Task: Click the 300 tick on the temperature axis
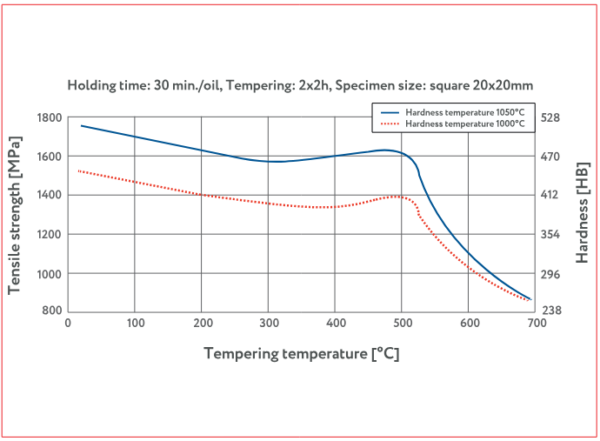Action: click(x=268, y=323)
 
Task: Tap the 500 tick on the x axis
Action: click(x=402, y=323)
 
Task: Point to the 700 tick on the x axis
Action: click(x=536, y=323)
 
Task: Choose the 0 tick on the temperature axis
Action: click(x=68, y=323)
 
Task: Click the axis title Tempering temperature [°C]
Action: click(x=302, y=353)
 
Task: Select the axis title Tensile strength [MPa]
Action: click(x=16, y=214)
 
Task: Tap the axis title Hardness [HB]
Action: click(x=583, y=214)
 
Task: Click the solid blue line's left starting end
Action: click(x=81, y=125)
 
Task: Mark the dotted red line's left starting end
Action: click(x=79, y=170)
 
